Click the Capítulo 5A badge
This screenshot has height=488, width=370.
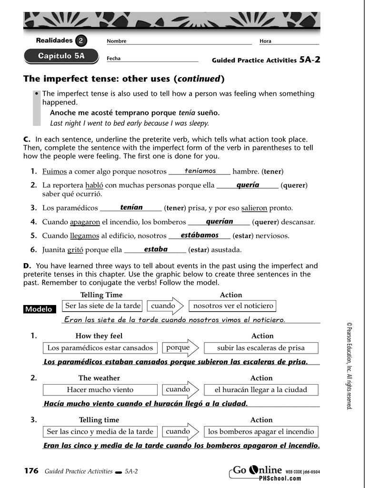(x=61, y=56)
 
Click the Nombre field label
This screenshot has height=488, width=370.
(x=117, y=41)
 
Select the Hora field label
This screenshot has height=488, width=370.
(x=265, y=41)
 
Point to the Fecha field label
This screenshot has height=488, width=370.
(x=114, y=59)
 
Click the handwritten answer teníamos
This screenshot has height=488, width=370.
(x=200, y=171)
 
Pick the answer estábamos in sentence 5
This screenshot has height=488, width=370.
(x=200, y=235)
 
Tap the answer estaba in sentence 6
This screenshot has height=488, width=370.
(x=156, y=249)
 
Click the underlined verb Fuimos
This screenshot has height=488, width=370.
(x=54, y=172)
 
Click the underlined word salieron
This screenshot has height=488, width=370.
(x=254, y=208)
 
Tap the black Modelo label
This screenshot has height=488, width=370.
(x=39, y=309)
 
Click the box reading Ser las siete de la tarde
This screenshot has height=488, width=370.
(x=103, y=306)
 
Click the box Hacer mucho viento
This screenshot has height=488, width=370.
(x=100, y=390)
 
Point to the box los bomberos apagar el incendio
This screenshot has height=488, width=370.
(x=261, y=432)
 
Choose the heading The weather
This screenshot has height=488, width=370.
(x=99, y=378)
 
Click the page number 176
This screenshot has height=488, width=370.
(x=31, y=471)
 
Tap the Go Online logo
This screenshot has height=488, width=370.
(x=258, y=471)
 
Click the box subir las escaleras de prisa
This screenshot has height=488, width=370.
(x=260, y=348)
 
